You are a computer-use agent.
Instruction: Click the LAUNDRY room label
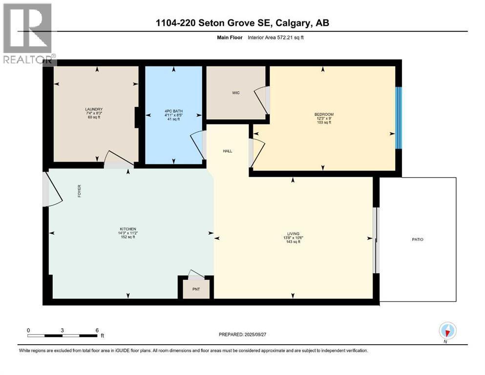(x=93, y=109)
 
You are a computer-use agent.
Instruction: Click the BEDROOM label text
(x=324, y=114)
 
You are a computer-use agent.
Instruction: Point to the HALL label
(x=227, y=151)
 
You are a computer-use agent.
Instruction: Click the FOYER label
(x=79, y=190)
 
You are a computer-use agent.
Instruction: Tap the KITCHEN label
(x=128, y=229)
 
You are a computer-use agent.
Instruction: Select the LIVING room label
(x=293, y=233)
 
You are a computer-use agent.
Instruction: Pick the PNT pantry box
(x=195, y=289)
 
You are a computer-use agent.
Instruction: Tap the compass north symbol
(x=447, y=331)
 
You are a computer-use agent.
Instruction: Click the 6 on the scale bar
(x=97, y=330)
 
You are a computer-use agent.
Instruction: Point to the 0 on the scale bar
(x=28, y=330)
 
